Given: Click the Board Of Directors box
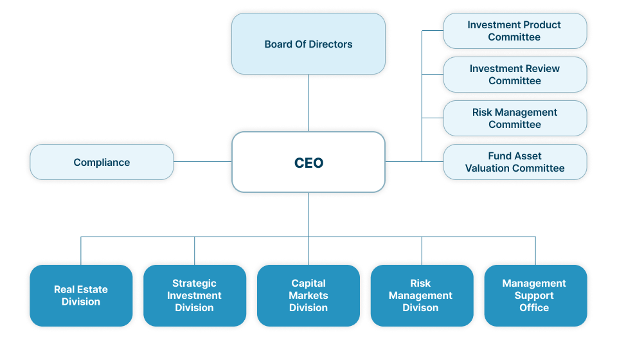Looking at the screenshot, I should coord(308,44).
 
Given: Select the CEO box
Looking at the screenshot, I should coord(308,162).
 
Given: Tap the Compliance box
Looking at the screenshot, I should coord(102,162).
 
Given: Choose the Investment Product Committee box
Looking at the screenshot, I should coord(514,31).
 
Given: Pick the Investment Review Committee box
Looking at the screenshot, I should coord(514,75).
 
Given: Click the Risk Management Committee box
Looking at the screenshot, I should coord(514,118).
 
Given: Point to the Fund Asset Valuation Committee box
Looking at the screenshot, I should coord(514,162).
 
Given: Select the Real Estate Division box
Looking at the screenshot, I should coord(81,296).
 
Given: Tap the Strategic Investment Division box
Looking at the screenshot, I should coord(194,296).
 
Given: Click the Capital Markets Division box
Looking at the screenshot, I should coord(308,296).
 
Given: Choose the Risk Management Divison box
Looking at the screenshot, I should coord(420,296).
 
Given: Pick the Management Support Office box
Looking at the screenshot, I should coord(534,296).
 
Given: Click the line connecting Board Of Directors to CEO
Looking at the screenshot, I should coord(308,103).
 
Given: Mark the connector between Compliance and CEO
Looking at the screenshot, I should coord(202,162).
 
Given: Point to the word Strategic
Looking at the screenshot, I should coord(194,283).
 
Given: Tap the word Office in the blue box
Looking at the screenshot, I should coord(534,308).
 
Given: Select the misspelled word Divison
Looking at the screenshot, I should coord(420,308).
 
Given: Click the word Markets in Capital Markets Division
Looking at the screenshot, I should coord(308,296).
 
